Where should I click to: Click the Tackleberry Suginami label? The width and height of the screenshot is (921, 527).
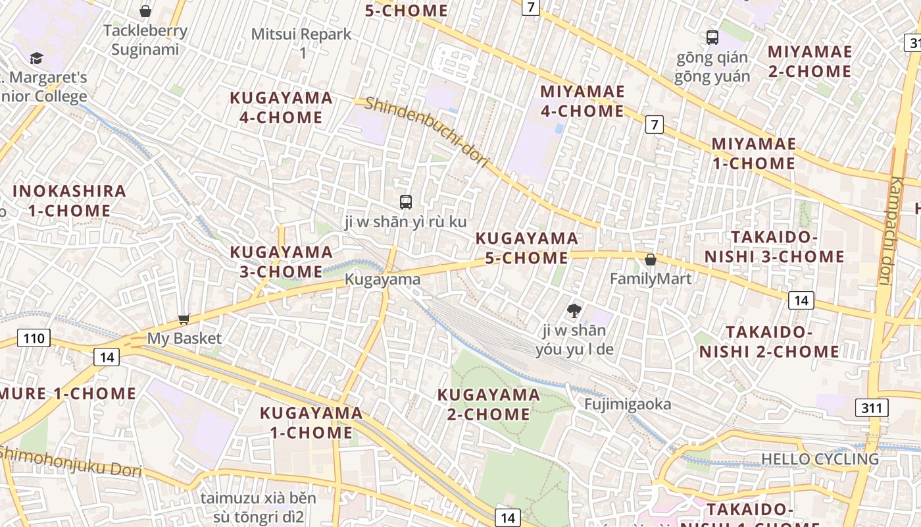click(x=145, y=40)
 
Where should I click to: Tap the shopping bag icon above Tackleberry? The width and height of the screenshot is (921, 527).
click(x=145, y=11)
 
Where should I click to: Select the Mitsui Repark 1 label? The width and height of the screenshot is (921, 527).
click(x=302, y=43)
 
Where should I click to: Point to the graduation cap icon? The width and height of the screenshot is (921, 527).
click(x=36, y=59)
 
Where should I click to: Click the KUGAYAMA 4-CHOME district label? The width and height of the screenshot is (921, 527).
click(x=281, y=108)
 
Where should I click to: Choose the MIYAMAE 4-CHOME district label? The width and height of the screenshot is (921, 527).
click(x=582, y=101)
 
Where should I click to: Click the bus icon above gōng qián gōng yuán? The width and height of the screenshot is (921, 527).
click(x=712, y=38)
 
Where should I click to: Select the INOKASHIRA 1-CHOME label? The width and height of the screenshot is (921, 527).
click(x=69, y=201)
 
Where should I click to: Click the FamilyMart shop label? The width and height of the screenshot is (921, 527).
click(x=650, y=279)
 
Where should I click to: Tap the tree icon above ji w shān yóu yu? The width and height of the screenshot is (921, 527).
click(x=574, y=310)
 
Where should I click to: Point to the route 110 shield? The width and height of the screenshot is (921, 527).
click(x=33, y=339)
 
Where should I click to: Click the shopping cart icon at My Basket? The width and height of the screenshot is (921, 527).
click(x=184, y=319)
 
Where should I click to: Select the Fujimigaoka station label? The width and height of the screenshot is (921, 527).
click(x=628, y=404)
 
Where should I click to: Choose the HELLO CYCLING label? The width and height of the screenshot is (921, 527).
click(x=820, y=458)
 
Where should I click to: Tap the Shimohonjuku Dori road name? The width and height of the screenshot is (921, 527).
click(x=70, y=462)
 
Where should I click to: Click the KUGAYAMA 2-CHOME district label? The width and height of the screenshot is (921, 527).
click(x=489, y=404)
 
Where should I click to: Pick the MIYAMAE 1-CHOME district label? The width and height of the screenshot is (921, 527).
click(x=753, y=153)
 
